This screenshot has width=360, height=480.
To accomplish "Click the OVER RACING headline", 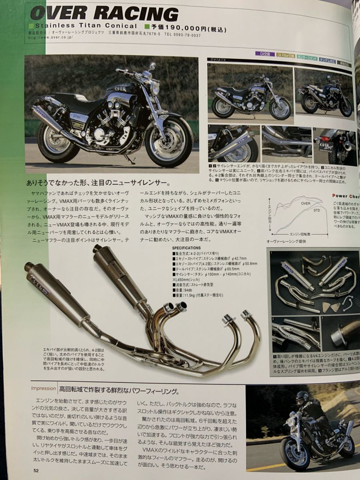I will click(104, 14).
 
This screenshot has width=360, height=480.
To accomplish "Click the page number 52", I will click(36, 470).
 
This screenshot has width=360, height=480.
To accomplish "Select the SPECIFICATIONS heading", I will click(187, 248).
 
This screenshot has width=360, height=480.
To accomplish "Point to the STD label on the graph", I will click(317, 210).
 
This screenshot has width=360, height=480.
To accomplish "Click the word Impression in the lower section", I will click(43, 388).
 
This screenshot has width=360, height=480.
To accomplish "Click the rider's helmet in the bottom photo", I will click(302, 398).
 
